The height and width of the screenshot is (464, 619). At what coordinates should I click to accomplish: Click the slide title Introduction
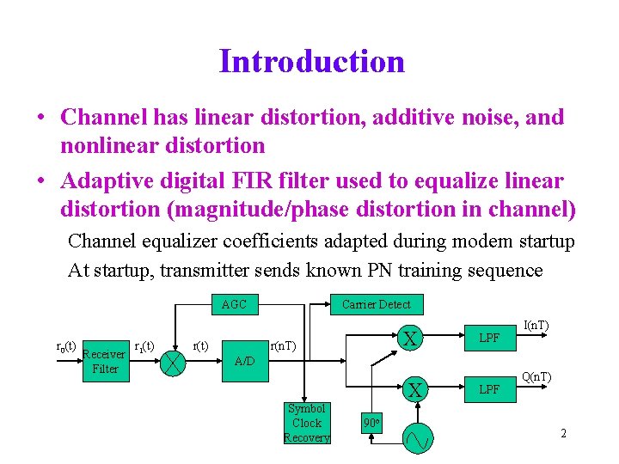[311, 62]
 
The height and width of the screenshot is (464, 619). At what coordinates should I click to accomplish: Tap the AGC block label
[234, 304]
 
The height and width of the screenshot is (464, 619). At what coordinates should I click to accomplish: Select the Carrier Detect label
[376, 304]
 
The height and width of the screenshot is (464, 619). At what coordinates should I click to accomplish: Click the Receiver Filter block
[104, 361]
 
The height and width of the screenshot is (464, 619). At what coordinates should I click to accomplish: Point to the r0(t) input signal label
[65, 346]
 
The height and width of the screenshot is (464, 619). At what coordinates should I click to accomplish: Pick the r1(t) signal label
[143, 346]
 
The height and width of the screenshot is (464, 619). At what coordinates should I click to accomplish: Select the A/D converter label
[244, 361]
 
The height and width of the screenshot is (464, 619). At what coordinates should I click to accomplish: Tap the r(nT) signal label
[284, 345]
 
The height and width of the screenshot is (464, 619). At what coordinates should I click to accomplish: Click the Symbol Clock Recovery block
[306, 424]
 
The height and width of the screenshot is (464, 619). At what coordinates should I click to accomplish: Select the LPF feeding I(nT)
[488, 339]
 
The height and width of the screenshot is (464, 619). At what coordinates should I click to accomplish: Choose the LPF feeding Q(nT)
[488, 390]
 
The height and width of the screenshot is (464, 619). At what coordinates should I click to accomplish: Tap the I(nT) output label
[537, 325]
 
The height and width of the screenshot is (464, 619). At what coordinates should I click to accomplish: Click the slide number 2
[563, 433]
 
